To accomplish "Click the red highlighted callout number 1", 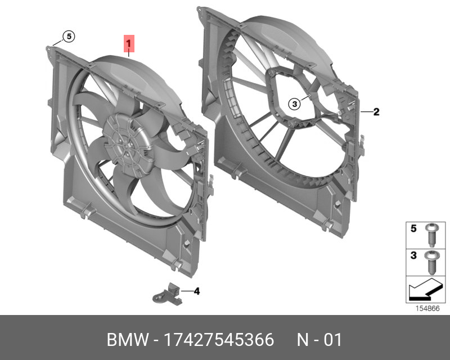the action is (129, 44).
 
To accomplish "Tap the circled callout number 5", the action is (69, 37).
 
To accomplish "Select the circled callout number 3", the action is (294, 104).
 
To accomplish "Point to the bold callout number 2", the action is (376, 112).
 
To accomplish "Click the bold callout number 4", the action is (196, 291).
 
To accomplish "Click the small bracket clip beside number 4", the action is (167, 294).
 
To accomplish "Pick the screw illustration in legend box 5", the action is (431, 235).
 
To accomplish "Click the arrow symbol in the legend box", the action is (425, 290).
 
